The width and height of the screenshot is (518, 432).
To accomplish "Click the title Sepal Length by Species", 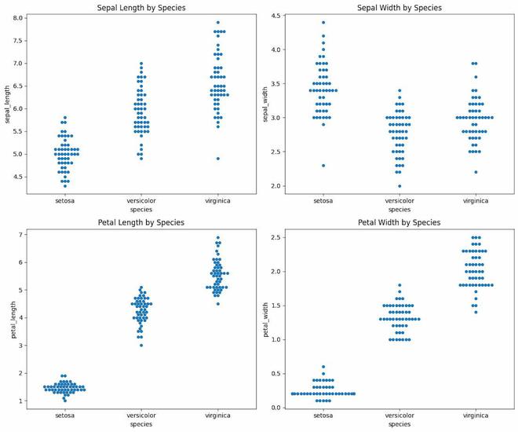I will coord(141,7).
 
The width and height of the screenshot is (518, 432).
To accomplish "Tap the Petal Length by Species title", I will coord(141,222).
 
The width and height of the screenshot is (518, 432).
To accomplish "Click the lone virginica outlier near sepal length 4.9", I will coord(217,159).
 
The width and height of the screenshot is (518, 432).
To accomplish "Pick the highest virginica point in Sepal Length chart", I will coord(217,23).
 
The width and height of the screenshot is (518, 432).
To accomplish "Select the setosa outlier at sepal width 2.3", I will coord(323,166).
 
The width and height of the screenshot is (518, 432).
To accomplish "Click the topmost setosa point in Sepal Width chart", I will coord(323,22).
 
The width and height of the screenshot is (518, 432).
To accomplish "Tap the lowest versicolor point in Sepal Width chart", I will coord(399,186).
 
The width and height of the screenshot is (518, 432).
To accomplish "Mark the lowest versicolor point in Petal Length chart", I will coord(141,345).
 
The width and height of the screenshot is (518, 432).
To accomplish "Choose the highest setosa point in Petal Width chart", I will coord(323,367).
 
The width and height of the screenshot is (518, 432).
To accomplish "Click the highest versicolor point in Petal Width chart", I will coord(399,285).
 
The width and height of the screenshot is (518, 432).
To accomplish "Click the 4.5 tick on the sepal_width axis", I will coord(282,22).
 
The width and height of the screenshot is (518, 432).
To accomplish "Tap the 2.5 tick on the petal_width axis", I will coord(282,237).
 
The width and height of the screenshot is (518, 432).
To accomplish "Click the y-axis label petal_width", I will coord(267,320).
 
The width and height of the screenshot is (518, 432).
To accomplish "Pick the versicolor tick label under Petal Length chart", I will coord(141,416).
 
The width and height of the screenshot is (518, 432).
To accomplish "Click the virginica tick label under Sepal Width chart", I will coord(475,200).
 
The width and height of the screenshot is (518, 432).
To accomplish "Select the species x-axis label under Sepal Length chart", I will coord(141,209).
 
